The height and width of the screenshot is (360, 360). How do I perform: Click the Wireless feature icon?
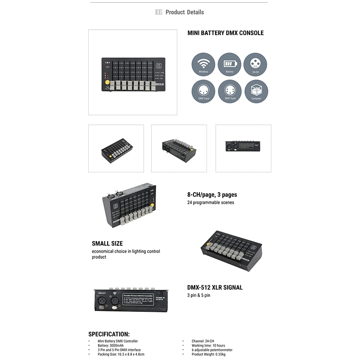(x=203, y=64)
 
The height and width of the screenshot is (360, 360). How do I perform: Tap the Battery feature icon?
(x=229, y=64)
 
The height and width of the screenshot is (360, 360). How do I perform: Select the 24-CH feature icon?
(x=255, y=64)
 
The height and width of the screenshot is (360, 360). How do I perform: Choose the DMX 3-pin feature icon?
(x=203, y=91)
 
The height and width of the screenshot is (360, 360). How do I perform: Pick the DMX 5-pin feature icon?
(x=229, y=91)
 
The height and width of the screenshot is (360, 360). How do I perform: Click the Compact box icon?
(x=256, y=91)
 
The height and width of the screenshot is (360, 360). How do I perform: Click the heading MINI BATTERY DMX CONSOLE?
(x=225, y=33)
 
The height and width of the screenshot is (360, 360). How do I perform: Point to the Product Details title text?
(x=184, y=12)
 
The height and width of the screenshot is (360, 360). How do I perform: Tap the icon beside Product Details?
(x=158, y=12)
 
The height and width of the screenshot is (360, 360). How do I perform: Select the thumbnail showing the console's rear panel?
(x=243, y=148)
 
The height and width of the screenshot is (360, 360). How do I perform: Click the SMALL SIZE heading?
(x=107, y=243)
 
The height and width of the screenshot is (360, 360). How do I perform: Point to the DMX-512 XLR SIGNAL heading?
(x=215, y=288)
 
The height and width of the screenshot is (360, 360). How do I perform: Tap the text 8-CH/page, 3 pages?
(x=212, y=195)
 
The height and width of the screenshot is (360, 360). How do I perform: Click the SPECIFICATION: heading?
(x=109, y=334)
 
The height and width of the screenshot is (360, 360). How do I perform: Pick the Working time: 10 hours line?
(x=208, y=346)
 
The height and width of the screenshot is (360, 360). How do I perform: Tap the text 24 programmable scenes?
(x=211, y=202)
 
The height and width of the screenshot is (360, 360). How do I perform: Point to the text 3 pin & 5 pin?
(x=198, y=295)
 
